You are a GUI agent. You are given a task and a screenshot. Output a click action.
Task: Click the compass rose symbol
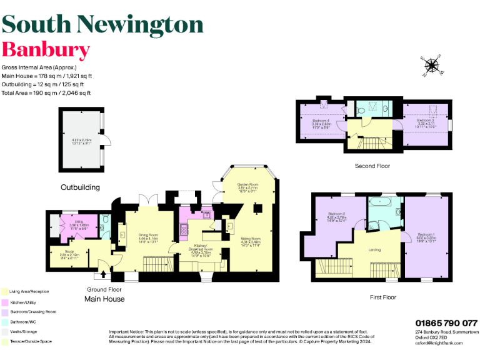[x=431, y=65]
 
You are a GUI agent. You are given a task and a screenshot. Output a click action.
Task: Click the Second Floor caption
[x=372, y=166]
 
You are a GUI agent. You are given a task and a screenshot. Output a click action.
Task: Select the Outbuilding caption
[x=80, y=187]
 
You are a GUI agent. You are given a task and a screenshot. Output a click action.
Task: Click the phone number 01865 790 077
[x=446, y=323]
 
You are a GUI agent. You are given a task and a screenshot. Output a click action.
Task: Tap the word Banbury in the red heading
[x=46, y=49]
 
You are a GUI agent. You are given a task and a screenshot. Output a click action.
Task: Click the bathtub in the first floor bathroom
[x=379, y=202]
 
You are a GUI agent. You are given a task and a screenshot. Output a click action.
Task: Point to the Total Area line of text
[x=46, y=92]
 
